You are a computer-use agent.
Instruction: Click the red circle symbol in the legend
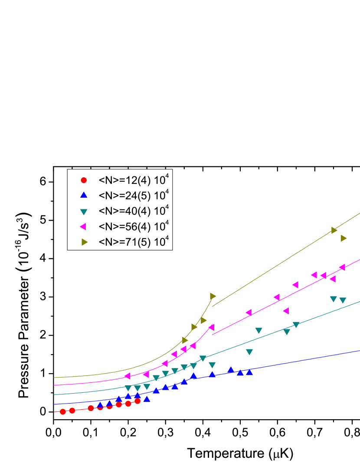coord(84,180)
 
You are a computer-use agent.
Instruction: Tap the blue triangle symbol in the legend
coord(84,195)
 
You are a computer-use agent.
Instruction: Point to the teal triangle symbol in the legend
coord(84,212)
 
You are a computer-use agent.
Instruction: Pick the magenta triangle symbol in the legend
coord(83,227)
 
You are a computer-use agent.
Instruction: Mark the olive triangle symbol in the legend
coord(84,242)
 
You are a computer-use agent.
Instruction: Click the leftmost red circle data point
coord(63,411)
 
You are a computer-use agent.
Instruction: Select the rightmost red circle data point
coord(137,401)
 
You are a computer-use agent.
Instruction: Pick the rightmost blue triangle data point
coord(249,371)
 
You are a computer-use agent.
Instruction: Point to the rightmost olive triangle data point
coord(344,238)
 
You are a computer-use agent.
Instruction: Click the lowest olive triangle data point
coord(185,340)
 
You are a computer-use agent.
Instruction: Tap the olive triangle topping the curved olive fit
coord(213,296)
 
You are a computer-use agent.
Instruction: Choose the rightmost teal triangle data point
coord(343,300)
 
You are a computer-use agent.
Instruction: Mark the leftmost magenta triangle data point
coord(128,376)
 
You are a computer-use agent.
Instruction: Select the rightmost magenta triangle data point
coord(342,267)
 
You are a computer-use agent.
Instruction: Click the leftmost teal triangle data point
coord(128,388)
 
